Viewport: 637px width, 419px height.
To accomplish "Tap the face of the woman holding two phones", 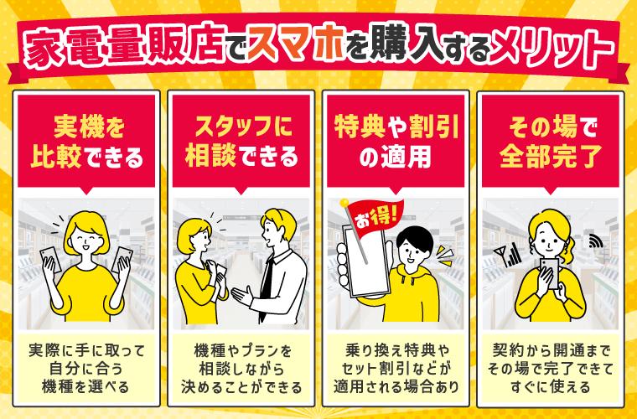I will (x=86, y=238).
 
